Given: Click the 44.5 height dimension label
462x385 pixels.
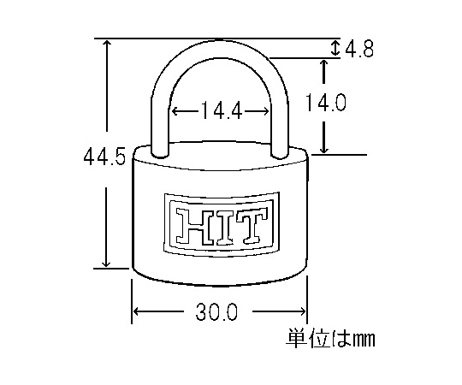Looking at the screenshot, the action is pos(104,156).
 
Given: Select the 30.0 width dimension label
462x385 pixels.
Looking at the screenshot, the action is pos(216,312).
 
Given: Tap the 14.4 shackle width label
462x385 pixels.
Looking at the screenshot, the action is pos(222,110).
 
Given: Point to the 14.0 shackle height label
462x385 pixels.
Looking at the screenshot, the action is pos(325,103).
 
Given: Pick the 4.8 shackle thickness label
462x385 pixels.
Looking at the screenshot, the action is pos(359,49).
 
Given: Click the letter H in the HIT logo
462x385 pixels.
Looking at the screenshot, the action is pos(193,226).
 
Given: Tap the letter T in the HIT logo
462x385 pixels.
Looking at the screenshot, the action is pos(252,225).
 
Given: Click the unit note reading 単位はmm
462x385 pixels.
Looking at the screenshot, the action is pos(330,338).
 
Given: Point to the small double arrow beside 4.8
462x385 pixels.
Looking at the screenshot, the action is pos(335,48).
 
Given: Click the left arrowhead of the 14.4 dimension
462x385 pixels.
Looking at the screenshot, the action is pos(175,111).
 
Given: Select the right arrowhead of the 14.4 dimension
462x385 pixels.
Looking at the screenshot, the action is pos(265,111).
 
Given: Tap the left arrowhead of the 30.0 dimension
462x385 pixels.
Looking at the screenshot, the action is pos(137,311).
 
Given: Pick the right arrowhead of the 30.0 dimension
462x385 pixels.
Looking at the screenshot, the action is pos(302,311).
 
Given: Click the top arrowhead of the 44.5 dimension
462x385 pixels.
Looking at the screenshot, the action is pos(107,44).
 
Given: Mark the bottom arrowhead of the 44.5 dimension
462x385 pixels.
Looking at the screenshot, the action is pos(106,263).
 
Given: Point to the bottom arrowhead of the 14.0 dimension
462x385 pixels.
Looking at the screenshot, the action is pos(324,149).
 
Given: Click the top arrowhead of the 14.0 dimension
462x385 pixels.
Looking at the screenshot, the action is pos(323,64).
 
